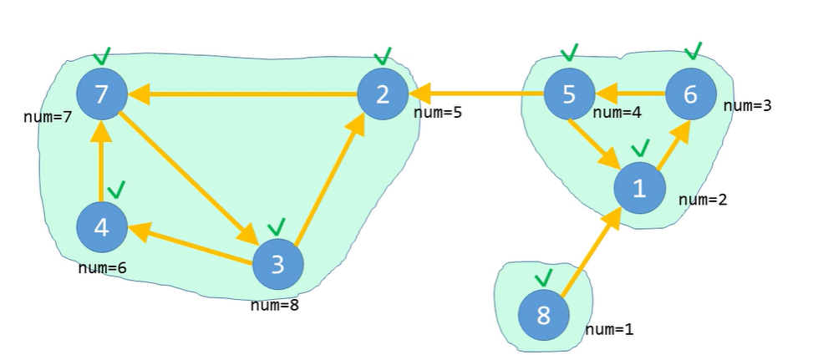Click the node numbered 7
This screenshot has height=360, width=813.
(x=101, y=94)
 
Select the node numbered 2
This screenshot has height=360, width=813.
(x=383, y=94)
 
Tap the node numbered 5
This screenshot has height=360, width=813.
(x=569, y=94)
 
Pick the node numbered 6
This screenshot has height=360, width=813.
(x=690, y=94)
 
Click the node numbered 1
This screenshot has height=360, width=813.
(x=639, y=189)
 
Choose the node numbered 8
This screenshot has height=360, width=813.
(x=544, y=317)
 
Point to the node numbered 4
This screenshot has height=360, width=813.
(x=101, y=227)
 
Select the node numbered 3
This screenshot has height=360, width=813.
(x=277, y=265)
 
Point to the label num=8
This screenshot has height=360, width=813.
(x=274, y=305)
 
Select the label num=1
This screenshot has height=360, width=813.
(x=610, y=329)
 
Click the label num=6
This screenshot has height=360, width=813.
(x=101, y=268)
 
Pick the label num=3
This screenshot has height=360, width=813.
(x=748, y=105)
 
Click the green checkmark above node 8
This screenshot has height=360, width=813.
(x=544, y=276)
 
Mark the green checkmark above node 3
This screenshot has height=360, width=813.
(x=277, y=226)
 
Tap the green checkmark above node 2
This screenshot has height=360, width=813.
(x=383, y=56)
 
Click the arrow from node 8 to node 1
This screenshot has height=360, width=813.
(x=591, y=253)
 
